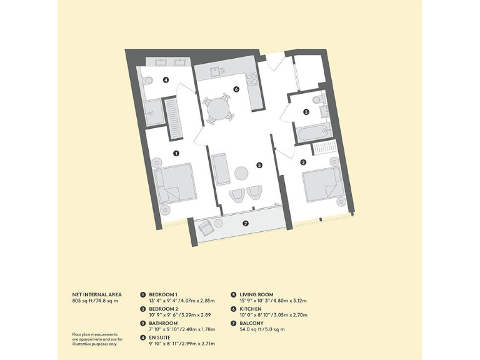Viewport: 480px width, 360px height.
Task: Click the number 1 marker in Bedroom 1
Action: [176, 152]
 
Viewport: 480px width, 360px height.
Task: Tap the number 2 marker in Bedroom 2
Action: [304, 162]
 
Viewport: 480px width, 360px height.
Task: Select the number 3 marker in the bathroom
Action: [306, 112]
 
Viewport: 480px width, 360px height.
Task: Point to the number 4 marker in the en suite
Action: [166, 80]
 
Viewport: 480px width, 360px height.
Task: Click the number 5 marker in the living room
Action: [259, 166]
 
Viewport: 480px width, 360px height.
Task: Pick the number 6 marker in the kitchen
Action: [236, 89]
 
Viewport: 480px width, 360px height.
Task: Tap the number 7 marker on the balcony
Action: [245, 223]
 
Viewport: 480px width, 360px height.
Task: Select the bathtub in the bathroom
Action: [311, 133]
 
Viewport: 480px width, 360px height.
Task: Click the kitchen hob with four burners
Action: [253, 79]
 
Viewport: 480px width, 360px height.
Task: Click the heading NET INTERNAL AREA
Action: [97, 294]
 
